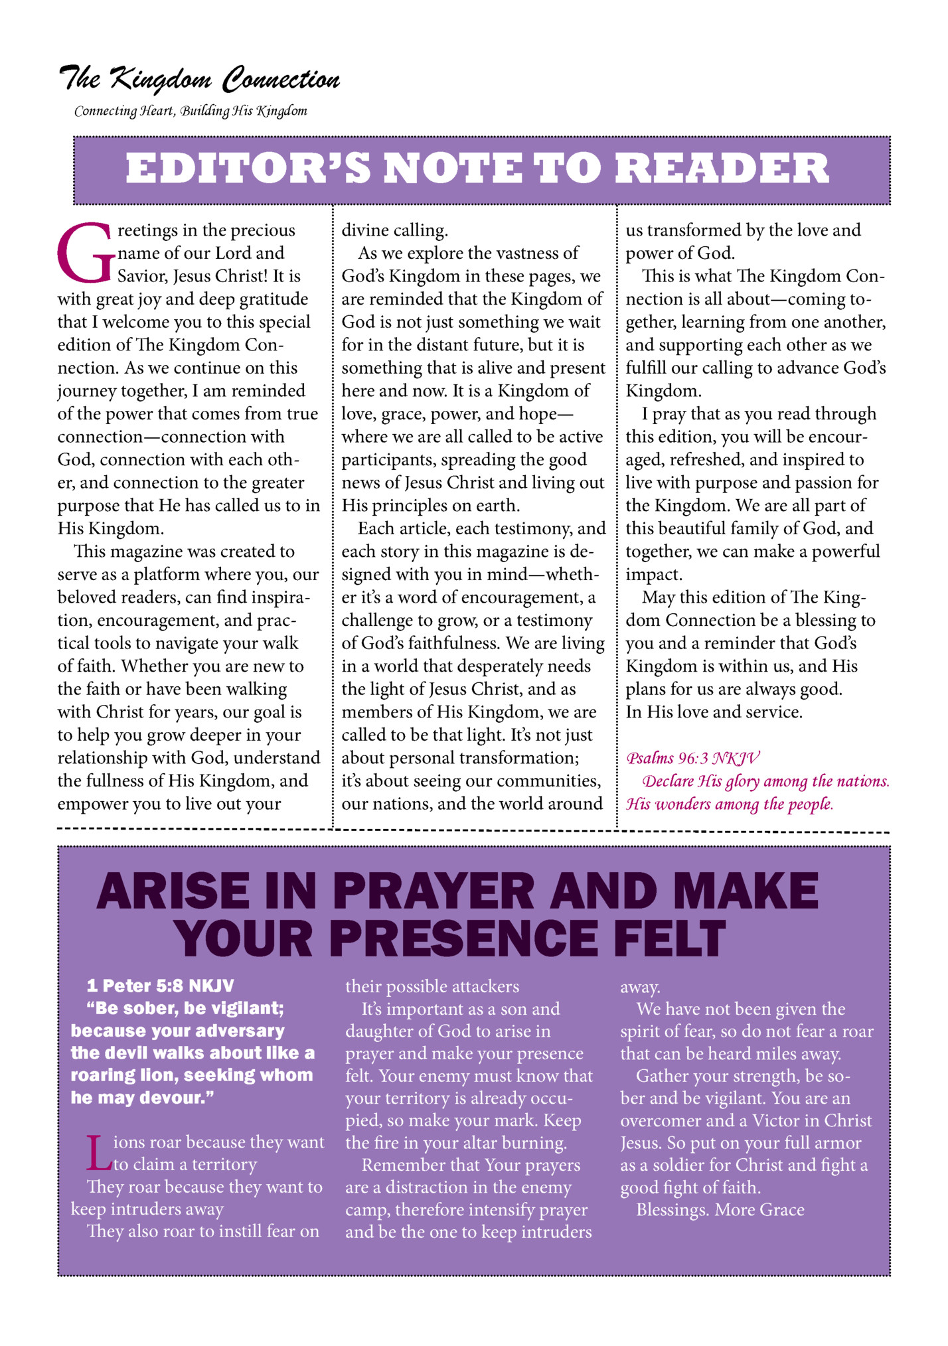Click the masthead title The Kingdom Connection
pyautogui.click(x=199, y=80)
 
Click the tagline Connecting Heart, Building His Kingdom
pyautogui.click(x=191, y=111)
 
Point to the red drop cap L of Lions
pyautogui.click(x=98, y=1153)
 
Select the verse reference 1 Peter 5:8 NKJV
pyautogui.click(x=160, y=986)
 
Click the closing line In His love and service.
pyautogui.click(x=714, y=712)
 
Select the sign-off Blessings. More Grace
pyautogui.click(x=720, y=1210)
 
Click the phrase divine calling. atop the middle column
pyautogui.click(x=394, y=230)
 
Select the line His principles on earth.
pyautogui.click(x=430, y=506)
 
